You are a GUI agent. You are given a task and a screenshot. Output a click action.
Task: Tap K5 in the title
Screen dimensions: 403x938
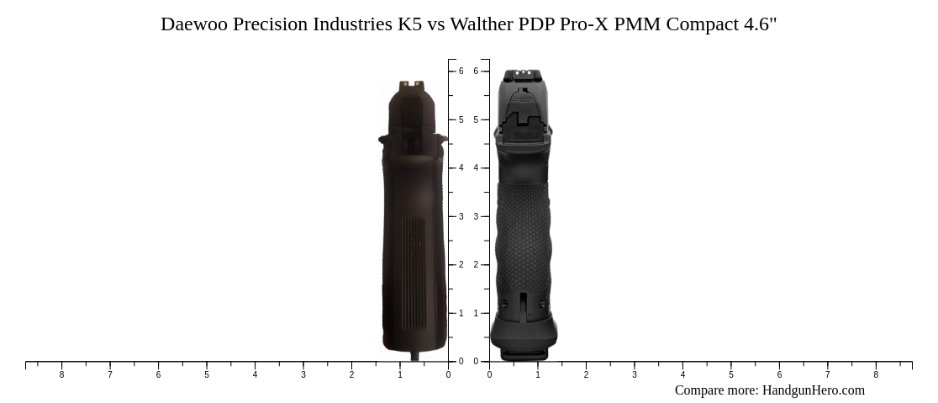pyautogui.click(x=410, y=24)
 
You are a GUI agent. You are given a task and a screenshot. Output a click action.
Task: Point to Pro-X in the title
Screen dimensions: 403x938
pyautogui.click(x=584, y=24)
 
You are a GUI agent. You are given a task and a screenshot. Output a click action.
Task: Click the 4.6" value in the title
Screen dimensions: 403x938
pyautogui.click(x=760, y=24)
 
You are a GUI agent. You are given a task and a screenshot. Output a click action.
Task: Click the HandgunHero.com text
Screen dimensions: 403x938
pyautogui.click(x=813, y=390)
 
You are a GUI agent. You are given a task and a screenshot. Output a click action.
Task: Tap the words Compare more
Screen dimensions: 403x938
pyautogui.click(x=715, y=390)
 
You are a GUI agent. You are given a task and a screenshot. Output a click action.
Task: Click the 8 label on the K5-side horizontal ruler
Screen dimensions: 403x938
pyautogui.click(x=61, y=375)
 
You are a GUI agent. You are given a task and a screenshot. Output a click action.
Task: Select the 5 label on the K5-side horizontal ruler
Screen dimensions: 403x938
pyautogui.click(x=207, y=375)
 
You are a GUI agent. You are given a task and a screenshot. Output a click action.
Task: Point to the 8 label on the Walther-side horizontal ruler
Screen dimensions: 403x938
pyautogui.click(x=876, y=375)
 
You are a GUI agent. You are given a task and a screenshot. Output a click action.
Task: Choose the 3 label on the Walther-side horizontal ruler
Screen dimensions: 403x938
pyautogui.click(x=635, y=375)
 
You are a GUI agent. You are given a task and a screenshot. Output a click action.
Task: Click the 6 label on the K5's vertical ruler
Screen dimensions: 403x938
pyautogui.click(x=461, y=72)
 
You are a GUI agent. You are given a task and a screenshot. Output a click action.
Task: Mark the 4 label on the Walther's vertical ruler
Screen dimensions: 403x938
pyautogui.click(x=476, y=168)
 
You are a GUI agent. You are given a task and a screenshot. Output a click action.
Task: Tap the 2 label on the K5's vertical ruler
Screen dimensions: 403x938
pyautogui.click(x=461, y=265)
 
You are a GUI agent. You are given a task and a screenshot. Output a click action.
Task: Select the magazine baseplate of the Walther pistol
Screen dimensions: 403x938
pyautogui.click(x=524, y=341)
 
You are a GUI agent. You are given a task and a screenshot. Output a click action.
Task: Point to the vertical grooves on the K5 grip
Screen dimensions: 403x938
pyautogui.click(x=413, y=252)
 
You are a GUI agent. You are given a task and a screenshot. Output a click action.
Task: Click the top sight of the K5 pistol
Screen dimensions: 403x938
pyautogui.click(x=412, y=83)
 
